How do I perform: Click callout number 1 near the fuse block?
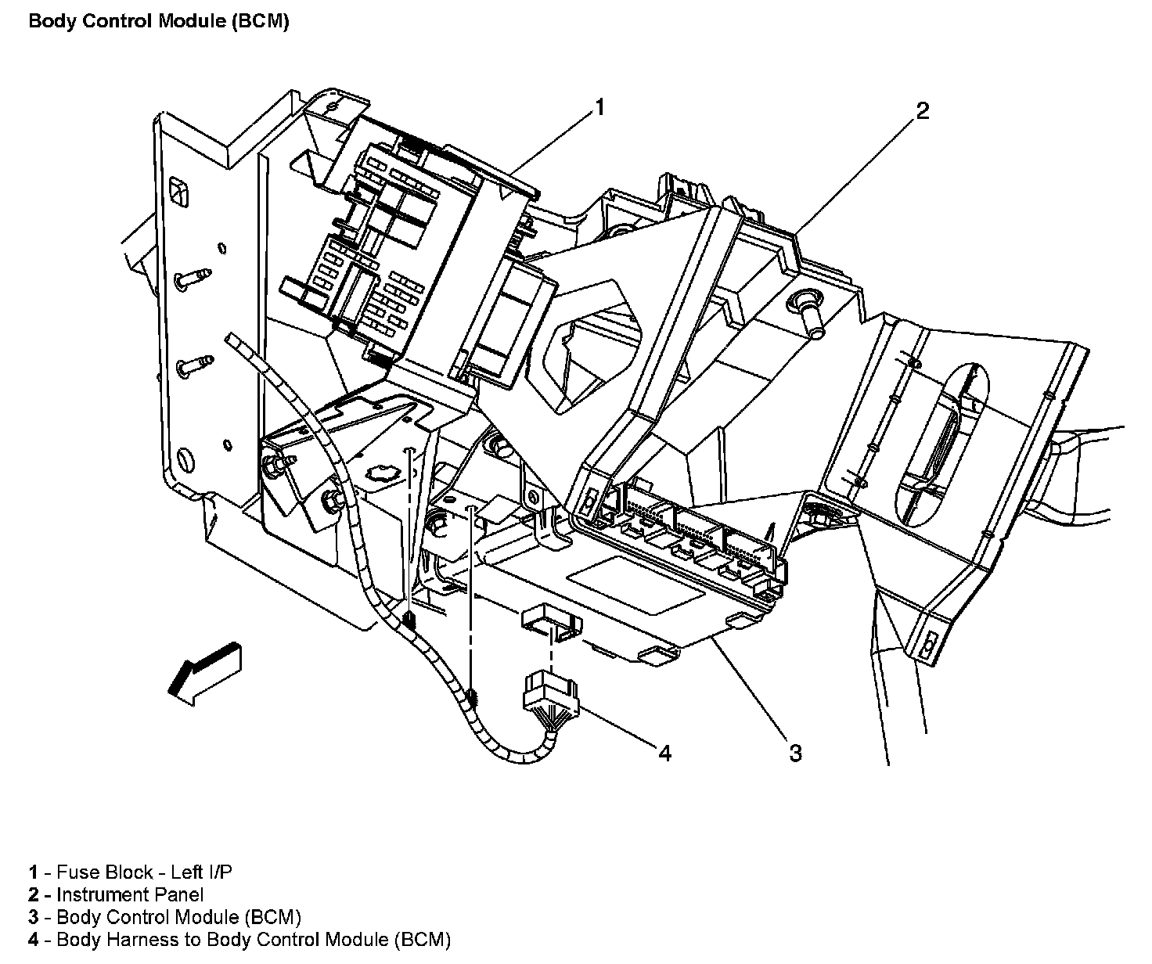(x=599, y=107)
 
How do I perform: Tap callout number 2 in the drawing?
(x=923, y=111)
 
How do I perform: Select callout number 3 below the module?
(x=795, y=754)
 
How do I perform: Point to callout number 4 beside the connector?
(x=664, y=754)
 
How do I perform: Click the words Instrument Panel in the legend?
(x=130, y=894)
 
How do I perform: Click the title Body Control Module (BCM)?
(x=159, y=21)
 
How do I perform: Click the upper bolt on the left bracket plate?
(x=193, y=276)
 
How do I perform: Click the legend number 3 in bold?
(x=34, y=917)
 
